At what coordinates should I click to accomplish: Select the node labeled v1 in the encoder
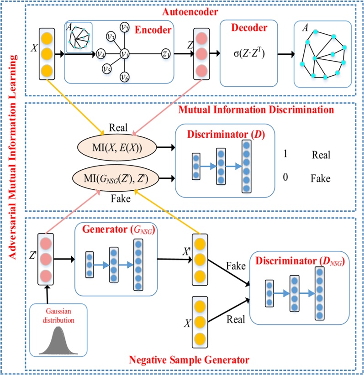click(124, 54)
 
